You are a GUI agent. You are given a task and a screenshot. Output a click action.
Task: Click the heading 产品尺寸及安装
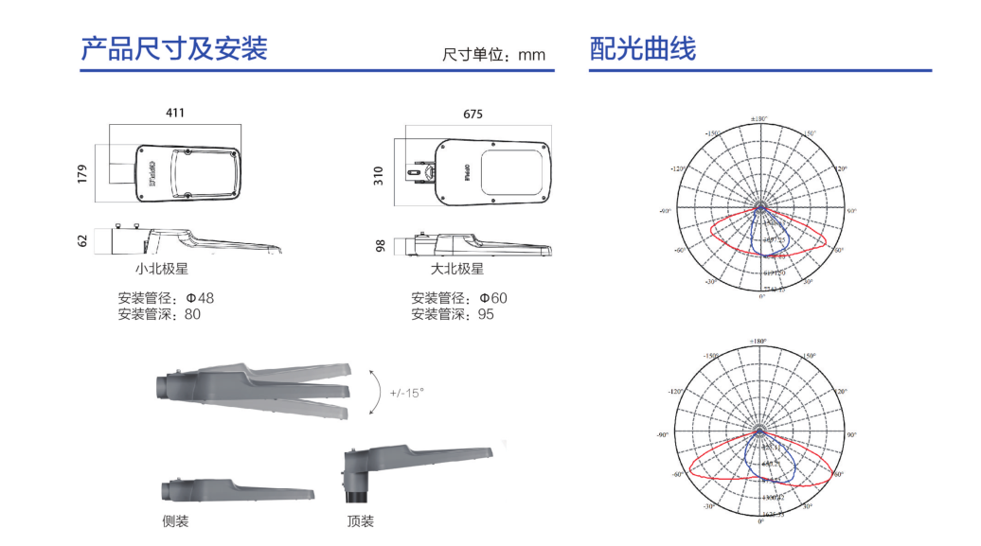[174, 47]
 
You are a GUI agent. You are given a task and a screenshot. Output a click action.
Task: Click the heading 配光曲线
[643, 48]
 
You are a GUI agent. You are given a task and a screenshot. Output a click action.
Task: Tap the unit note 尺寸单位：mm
[493, 55]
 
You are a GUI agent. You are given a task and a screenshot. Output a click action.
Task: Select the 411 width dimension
[175, 113]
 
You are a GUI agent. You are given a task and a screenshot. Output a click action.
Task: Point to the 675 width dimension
[473, 114]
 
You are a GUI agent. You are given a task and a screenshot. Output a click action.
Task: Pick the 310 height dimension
[380, 174]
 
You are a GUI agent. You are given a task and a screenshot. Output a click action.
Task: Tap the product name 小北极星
[162, 269]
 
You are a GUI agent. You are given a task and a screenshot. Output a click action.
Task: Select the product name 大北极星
[457, 269]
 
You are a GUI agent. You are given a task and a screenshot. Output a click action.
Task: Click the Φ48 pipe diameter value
[201, 298]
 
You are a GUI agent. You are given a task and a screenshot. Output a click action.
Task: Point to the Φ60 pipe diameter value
[493, 298]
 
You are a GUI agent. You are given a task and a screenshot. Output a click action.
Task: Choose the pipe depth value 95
[486, 314]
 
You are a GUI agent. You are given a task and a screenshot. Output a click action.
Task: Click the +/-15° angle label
[407, 392]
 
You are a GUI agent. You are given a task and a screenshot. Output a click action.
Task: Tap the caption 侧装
[175, 521]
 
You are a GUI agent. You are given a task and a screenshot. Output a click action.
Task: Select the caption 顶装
[360, 521]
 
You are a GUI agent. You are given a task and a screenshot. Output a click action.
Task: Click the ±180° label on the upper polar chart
[759, 119]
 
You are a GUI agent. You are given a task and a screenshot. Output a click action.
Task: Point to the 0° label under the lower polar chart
[760, 522]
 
